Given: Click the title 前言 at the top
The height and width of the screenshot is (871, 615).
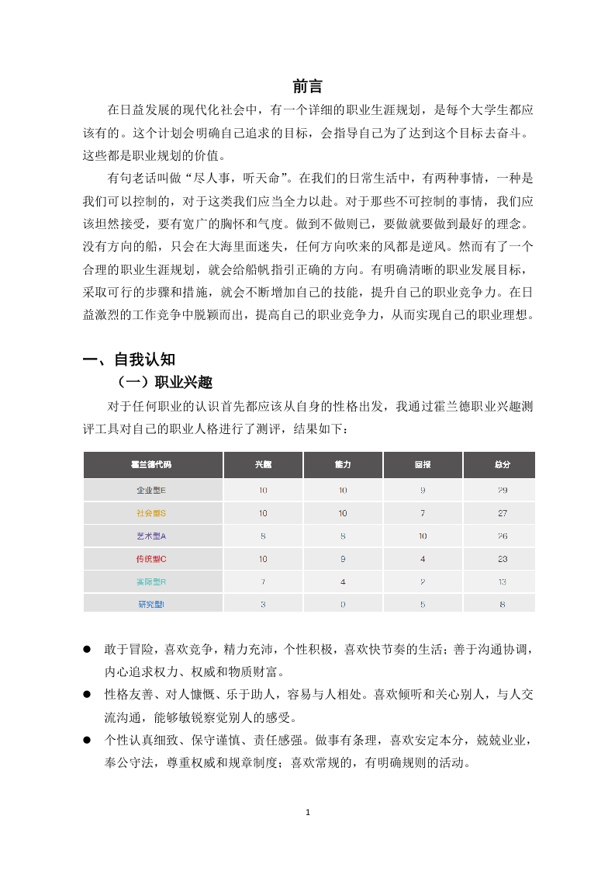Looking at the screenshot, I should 307,86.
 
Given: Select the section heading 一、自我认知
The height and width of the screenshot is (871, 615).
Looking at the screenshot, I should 130,359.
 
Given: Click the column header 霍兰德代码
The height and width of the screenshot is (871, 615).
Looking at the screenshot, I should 152,464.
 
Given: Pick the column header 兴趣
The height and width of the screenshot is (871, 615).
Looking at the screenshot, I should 263,464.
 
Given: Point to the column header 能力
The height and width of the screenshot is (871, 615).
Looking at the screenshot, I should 343,464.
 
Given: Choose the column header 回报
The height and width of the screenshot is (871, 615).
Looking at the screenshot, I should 423,464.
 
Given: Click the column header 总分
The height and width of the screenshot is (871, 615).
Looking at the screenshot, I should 502,464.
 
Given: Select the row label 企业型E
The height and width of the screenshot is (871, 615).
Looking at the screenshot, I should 152,491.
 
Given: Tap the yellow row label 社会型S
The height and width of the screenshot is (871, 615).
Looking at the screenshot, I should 152,513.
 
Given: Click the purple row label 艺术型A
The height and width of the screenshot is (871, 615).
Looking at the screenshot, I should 152,536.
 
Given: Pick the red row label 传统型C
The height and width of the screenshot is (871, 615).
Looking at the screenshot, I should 152,559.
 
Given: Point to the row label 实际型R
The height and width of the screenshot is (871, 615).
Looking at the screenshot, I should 152,581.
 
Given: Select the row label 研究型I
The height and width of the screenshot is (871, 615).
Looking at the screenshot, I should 152,604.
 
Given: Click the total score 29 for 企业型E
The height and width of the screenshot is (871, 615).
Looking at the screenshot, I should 502,491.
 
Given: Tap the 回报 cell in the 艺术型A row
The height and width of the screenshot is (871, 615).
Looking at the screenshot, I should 423,536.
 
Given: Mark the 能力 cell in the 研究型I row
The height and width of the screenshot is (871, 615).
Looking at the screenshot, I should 343,604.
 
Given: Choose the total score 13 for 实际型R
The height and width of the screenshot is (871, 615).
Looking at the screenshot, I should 502,581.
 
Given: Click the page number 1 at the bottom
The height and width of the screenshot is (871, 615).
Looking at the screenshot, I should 308,813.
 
